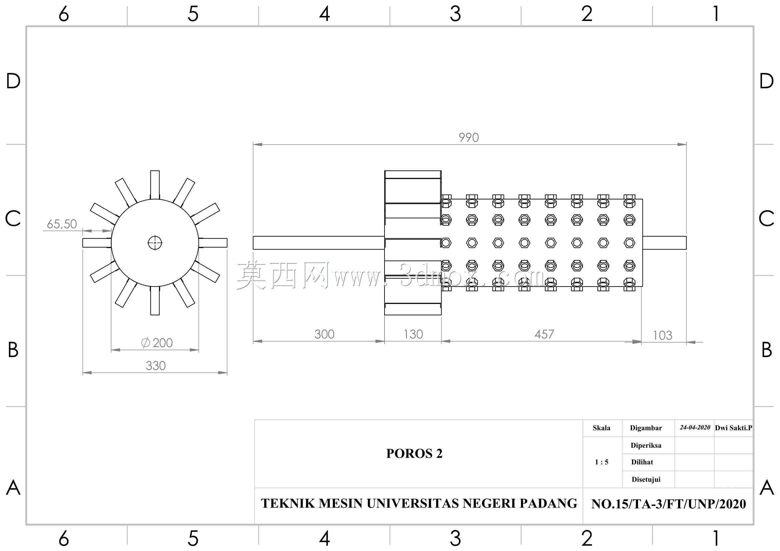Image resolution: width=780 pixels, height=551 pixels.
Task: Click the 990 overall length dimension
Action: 469,137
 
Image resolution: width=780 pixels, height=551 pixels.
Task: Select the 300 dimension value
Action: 324,334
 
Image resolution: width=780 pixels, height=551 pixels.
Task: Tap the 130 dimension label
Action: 413,334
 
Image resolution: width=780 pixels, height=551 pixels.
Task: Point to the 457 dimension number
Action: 544,334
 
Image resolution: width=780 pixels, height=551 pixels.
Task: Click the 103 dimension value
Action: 663,335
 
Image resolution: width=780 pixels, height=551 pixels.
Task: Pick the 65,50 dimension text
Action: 62,224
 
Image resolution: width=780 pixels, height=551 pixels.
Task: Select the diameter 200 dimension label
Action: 157,343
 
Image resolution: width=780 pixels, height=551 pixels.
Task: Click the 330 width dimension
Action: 156,366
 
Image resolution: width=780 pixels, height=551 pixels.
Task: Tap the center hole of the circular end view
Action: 155,243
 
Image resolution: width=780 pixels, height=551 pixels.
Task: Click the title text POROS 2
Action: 415,454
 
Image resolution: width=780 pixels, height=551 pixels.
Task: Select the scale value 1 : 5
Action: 602,462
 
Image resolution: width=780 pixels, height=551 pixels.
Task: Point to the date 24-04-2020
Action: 695,427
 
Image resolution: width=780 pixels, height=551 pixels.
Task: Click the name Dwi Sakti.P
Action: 733,428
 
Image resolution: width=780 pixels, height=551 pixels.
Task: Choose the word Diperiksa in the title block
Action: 646,445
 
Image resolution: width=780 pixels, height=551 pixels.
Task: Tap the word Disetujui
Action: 646,480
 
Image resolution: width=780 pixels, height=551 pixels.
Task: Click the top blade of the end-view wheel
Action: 155,185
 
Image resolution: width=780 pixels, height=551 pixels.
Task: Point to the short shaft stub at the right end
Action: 665,243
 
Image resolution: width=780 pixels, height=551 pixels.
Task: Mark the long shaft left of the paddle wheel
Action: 319,243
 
